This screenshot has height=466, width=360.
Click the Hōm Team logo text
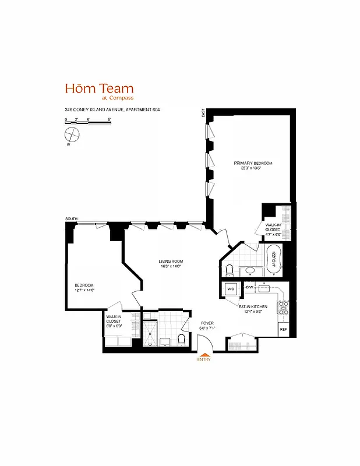[99, 89]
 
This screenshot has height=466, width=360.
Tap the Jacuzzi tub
[273, 260]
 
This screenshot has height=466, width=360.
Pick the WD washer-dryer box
[231, 289]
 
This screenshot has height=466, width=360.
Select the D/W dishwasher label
[249, 288]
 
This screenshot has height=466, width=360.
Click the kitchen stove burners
[284, 308]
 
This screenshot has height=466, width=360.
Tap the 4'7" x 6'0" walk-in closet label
[273, 230]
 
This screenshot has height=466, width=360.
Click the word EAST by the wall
[203, 113]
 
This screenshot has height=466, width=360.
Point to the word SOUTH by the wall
[72, 219]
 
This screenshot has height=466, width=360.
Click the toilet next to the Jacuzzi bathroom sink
[230, 269]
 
